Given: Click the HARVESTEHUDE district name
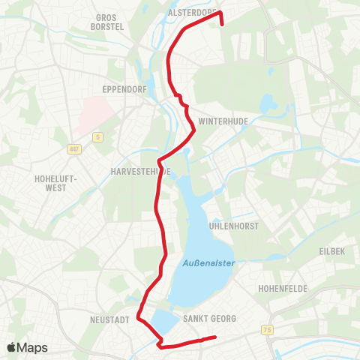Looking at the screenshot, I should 140,171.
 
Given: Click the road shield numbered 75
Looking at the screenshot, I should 268,330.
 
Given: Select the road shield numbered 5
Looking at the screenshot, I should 97,136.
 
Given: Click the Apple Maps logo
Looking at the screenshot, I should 27,347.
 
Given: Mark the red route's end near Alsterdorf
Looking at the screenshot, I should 223,23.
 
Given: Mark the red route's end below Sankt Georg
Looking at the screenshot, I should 216,337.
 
